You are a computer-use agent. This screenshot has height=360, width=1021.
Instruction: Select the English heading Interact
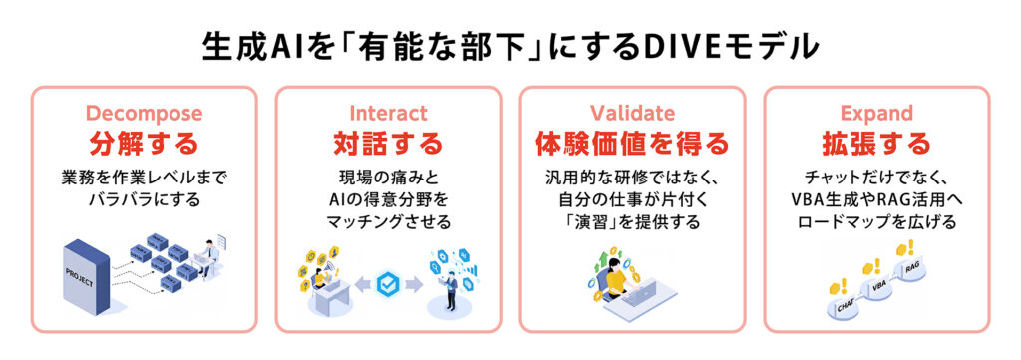[388, 113]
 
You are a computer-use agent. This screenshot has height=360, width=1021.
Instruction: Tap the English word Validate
[632, 113]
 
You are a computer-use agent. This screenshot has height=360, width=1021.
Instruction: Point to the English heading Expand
[876, 113]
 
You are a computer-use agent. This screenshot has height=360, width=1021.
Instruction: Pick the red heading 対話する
[388, 144]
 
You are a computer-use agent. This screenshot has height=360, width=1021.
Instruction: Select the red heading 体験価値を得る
[632, 144]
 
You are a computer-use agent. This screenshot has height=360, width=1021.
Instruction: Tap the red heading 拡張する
[876, 144]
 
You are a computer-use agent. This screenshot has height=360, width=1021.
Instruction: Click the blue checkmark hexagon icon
[388, 285]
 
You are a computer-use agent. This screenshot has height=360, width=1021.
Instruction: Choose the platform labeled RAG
[911, 270]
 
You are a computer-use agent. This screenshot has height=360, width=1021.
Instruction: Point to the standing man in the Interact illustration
[450, 290]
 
